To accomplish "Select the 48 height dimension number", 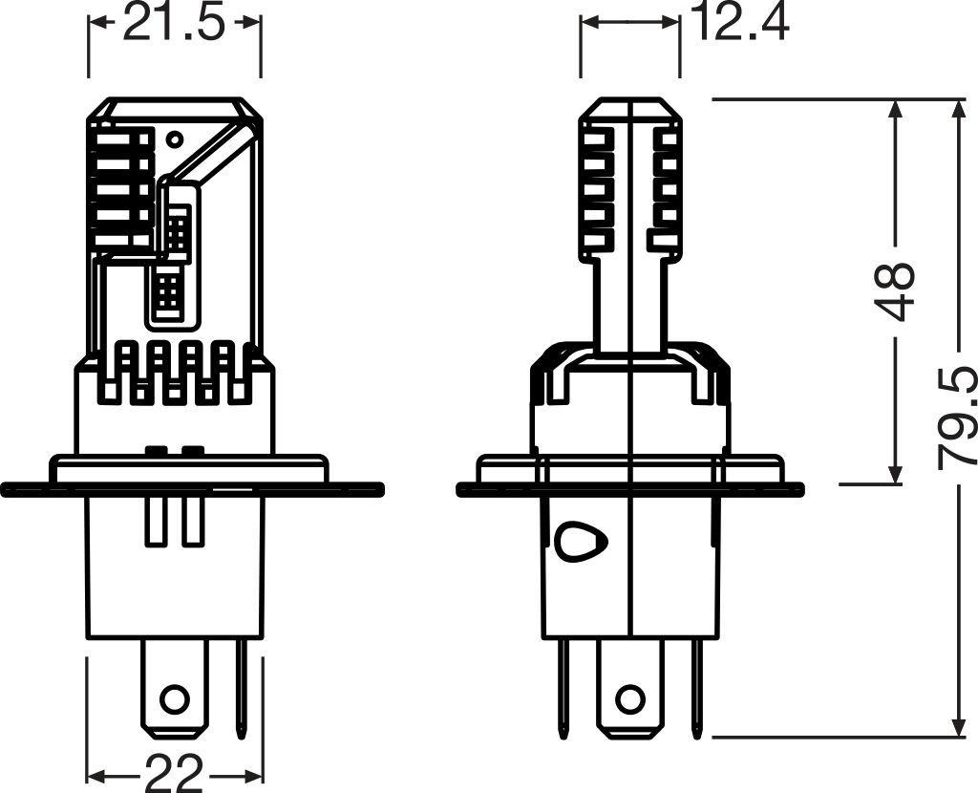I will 897,291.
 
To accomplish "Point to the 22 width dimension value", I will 175,773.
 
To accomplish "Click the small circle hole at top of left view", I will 174,139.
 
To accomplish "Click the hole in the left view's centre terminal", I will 174,697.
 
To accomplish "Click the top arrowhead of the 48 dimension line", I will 896,108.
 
